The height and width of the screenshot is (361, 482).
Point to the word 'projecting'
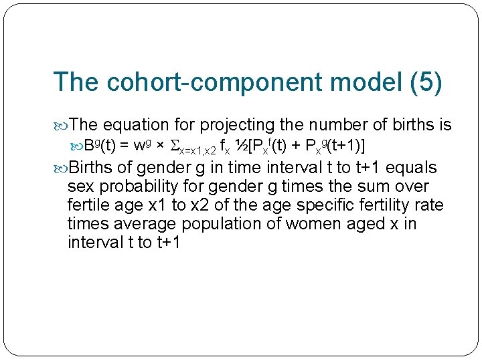239,125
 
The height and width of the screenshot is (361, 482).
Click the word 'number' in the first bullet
345,125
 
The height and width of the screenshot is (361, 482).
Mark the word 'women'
313,224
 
